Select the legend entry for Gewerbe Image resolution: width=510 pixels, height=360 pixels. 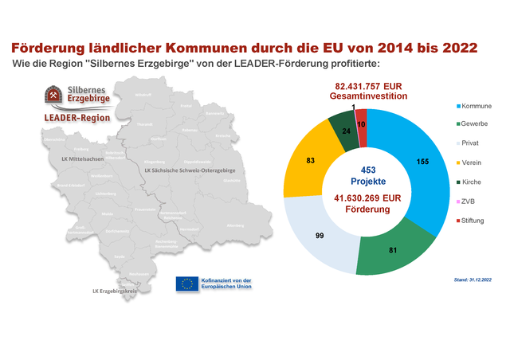pos(473,124)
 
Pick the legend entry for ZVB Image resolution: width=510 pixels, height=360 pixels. pos(469,201)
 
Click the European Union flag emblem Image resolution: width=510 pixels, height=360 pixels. pos(188,284)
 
